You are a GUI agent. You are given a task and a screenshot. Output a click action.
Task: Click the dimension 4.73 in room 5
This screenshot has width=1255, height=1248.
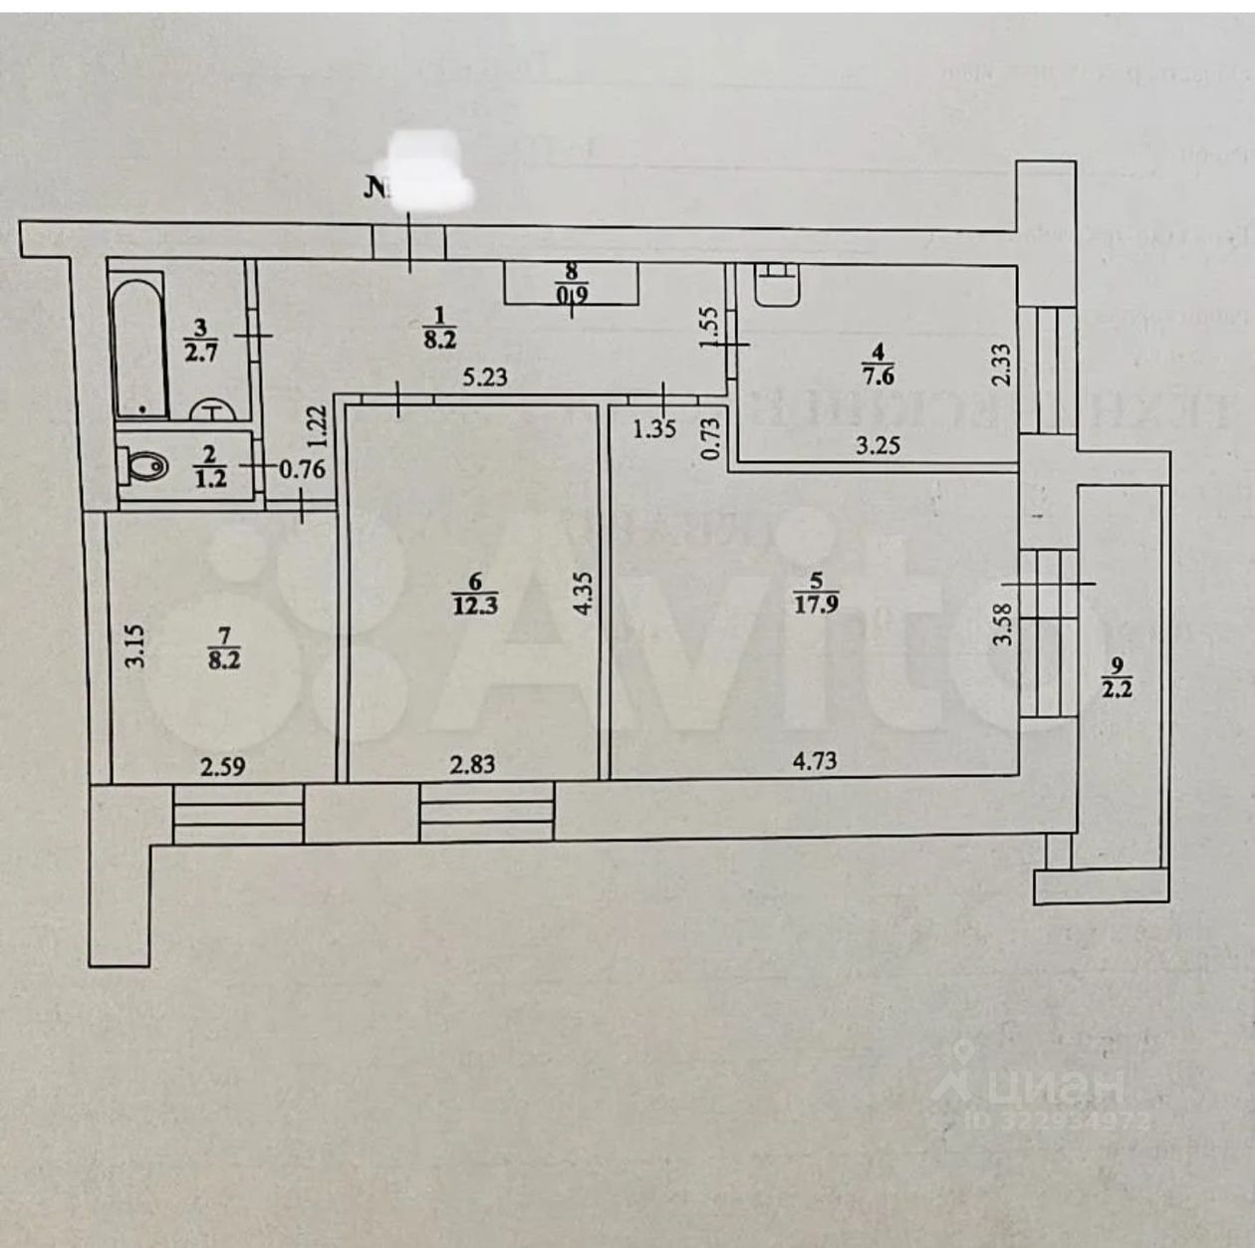pyautogui.click(x=814, y=762)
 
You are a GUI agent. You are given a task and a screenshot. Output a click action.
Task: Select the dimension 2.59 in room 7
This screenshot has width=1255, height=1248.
pyautogui.click(x=223, y=767)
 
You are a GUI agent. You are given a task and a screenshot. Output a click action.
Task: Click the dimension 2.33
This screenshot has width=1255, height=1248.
pyautogui.click(x=1002, y=365)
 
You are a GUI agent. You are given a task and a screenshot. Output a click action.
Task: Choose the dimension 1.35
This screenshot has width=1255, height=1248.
pyautogui.click(x=654, y=428)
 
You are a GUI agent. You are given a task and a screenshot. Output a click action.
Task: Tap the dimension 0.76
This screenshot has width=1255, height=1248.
pyautogui.click(x=302, y=468)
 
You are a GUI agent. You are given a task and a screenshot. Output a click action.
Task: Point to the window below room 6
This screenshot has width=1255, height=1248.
pyautogui.click(x=486, y=813)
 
